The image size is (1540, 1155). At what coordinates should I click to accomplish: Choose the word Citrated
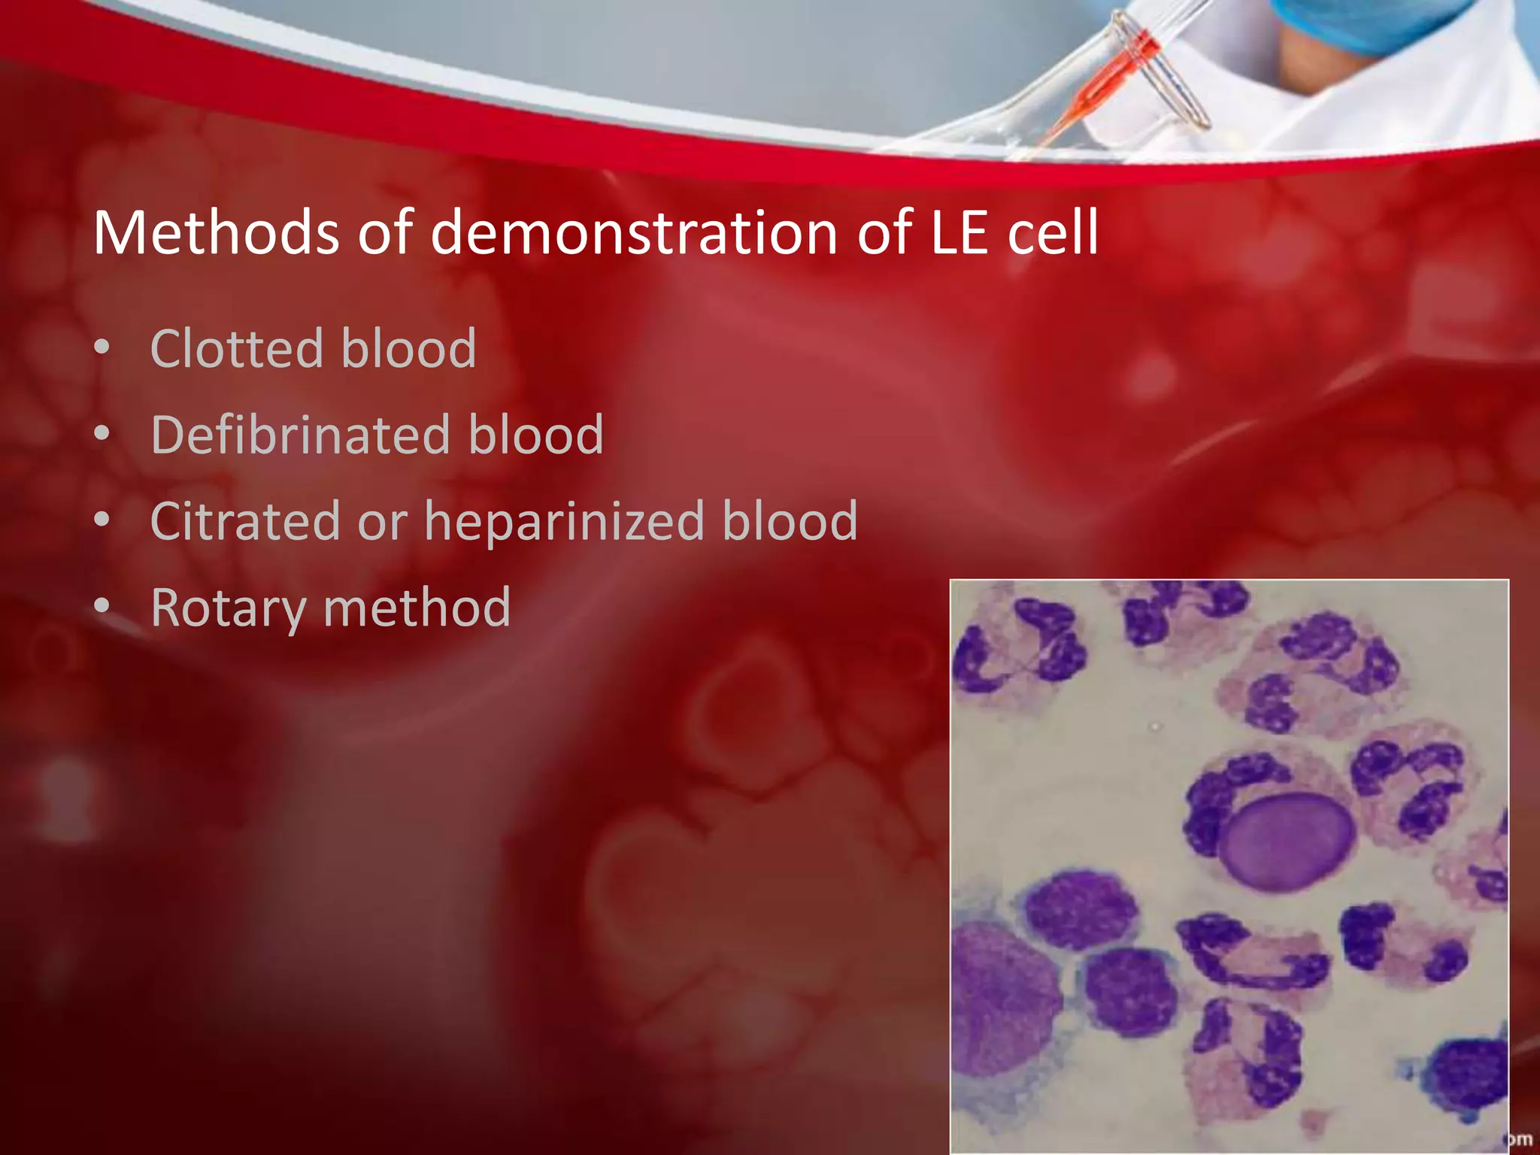(245, 520)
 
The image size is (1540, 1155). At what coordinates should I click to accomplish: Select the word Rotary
(228, 608)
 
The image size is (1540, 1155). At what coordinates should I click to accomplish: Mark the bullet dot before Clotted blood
(102, 347)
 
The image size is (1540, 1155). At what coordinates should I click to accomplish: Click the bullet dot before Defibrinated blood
(102, 434)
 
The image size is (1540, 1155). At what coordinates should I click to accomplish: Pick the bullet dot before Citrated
(102, 520)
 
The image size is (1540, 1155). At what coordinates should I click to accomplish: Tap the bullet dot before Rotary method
(102, 606)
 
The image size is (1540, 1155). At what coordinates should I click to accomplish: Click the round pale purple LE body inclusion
(1286, 842)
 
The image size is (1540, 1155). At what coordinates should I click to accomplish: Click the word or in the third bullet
(382, 522)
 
